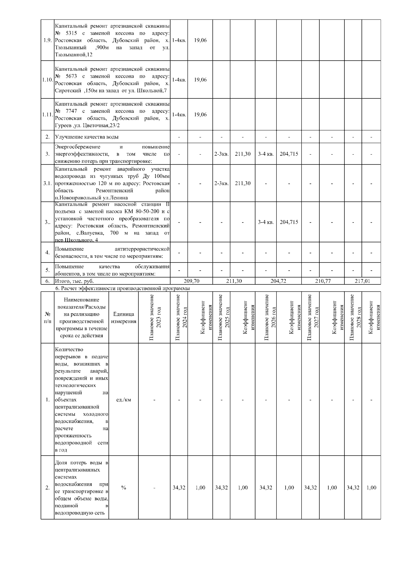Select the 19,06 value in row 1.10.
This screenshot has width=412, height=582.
click(x=200, y=80)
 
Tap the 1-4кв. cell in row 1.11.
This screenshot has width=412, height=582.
click(x=179, y=114)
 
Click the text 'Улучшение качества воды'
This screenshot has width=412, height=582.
click(x=87, y=137)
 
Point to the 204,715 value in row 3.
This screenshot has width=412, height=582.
click(x=289, y=154)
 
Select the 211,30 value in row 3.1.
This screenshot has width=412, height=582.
click(x=242, y=183)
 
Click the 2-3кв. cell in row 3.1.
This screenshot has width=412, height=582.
click(x=221, y=183)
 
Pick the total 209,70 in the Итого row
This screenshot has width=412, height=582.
click(x=192, y=281)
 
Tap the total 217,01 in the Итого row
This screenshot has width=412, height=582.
click(x=363, y=281)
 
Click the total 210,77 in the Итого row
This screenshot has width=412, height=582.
click(x=323, y=281)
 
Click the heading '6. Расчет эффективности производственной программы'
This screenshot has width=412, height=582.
click(x=122, y=289)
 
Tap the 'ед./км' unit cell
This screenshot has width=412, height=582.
click(x=124, y=400)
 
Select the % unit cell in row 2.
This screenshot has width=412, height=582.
click(x=124, y=488)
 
